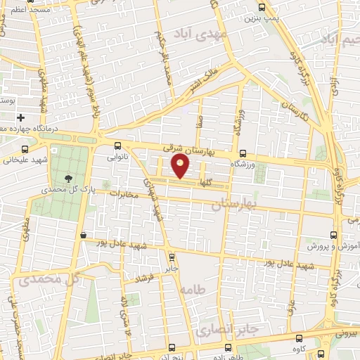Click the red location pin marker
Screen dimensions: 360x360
click(181, 167)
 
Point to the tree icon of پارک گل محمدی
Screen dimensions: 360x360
click(68, 178)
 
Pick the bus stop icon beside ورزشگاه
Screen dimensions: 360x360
click(243, 153)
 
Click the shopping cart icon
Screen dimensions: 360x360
click(84, 236)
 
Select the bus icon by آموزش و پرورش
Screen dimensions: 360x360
click(333, 236)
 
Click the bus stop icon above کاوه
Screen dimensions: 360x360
click(299, 338)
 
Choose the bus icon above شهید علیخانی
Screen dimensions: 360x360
click(26, 149)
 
